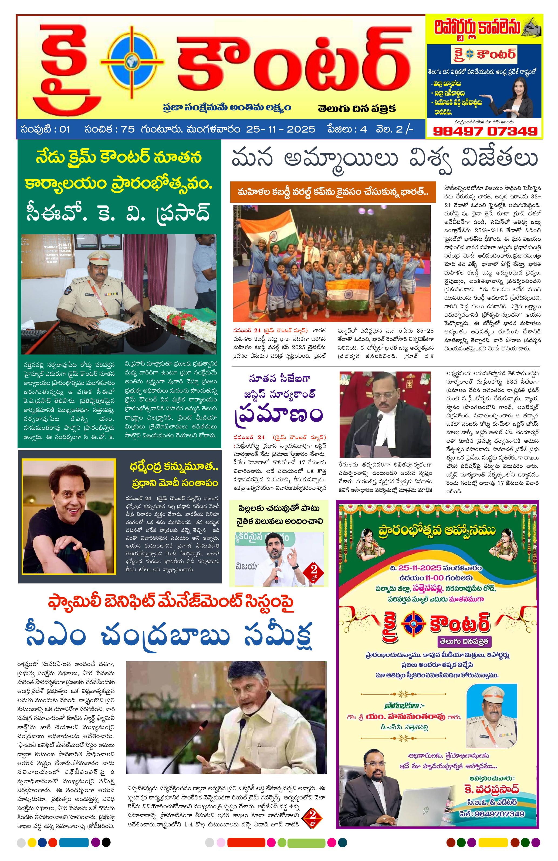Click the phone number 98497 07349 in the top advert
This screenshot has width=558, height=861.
click(485, 131)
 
